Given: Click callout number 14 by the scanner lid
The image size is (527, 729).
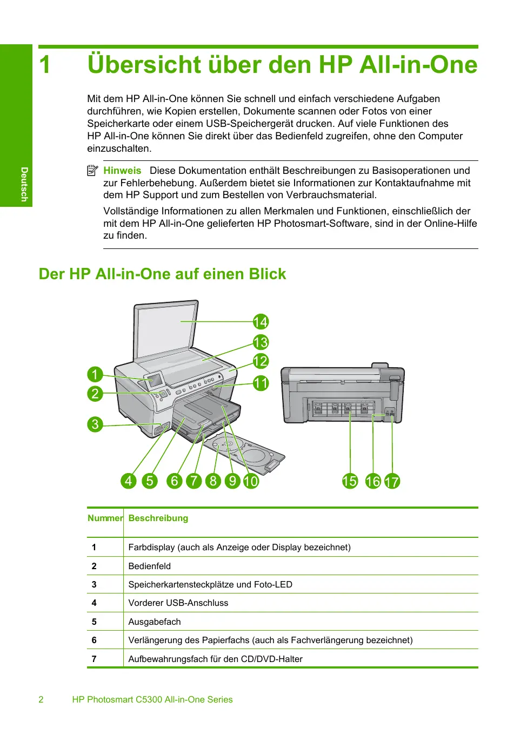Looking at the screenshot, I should click(261, 322).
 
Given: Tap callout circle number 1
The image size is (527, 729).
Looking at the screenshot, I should click(95, 374).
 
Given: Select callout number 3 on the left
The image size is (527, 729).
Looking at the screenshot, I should click(95, 424).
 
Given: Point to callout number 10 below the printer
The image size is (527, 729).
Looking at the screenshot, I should click(251, 481).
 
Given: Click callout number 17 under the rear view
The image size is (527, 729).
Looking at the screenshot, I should click(392, 481).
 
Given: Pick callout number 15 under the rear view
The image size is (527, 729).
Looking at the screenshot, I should click(350, 481).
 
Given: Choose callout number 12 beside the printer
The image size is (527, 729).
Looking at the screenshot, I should click(261, 361).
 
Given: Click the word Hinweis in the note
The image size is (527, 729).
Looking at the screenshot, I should click(122, 171).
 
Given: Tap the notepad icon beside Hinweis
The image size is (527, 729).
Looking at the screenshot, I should click(92, 171).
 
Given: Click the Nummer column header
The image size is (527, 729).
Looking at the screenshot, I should click(105, 518).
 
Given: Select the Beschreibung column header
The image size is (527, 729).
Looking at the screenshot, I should click(158, 518).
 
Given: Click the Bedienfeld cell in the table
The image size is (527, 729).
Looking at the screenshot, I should click(150, 566).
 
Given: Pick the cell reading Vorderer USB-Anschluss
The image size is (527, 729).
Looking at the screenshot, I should click(178, 603).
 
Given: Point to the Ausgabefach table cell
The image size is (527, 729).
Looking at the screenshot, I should click(155, 622).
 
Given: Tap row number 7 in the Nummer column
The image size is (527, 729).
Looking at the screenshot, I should click(94, 659).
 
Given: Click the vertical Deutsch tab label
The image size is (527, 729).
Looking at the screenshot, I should click(24, 184).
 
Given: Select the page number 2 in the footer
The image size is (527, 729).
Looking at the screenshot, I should click(41, 699).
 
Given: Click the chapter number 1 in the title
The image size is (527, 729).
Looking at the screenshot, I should click(45, 65).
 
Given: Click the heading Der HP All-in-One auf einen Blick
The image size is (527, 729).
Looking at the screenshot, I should click(162, 274).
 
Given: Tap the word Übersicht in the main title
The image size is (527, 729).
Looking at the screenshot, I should click(144, 65).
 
